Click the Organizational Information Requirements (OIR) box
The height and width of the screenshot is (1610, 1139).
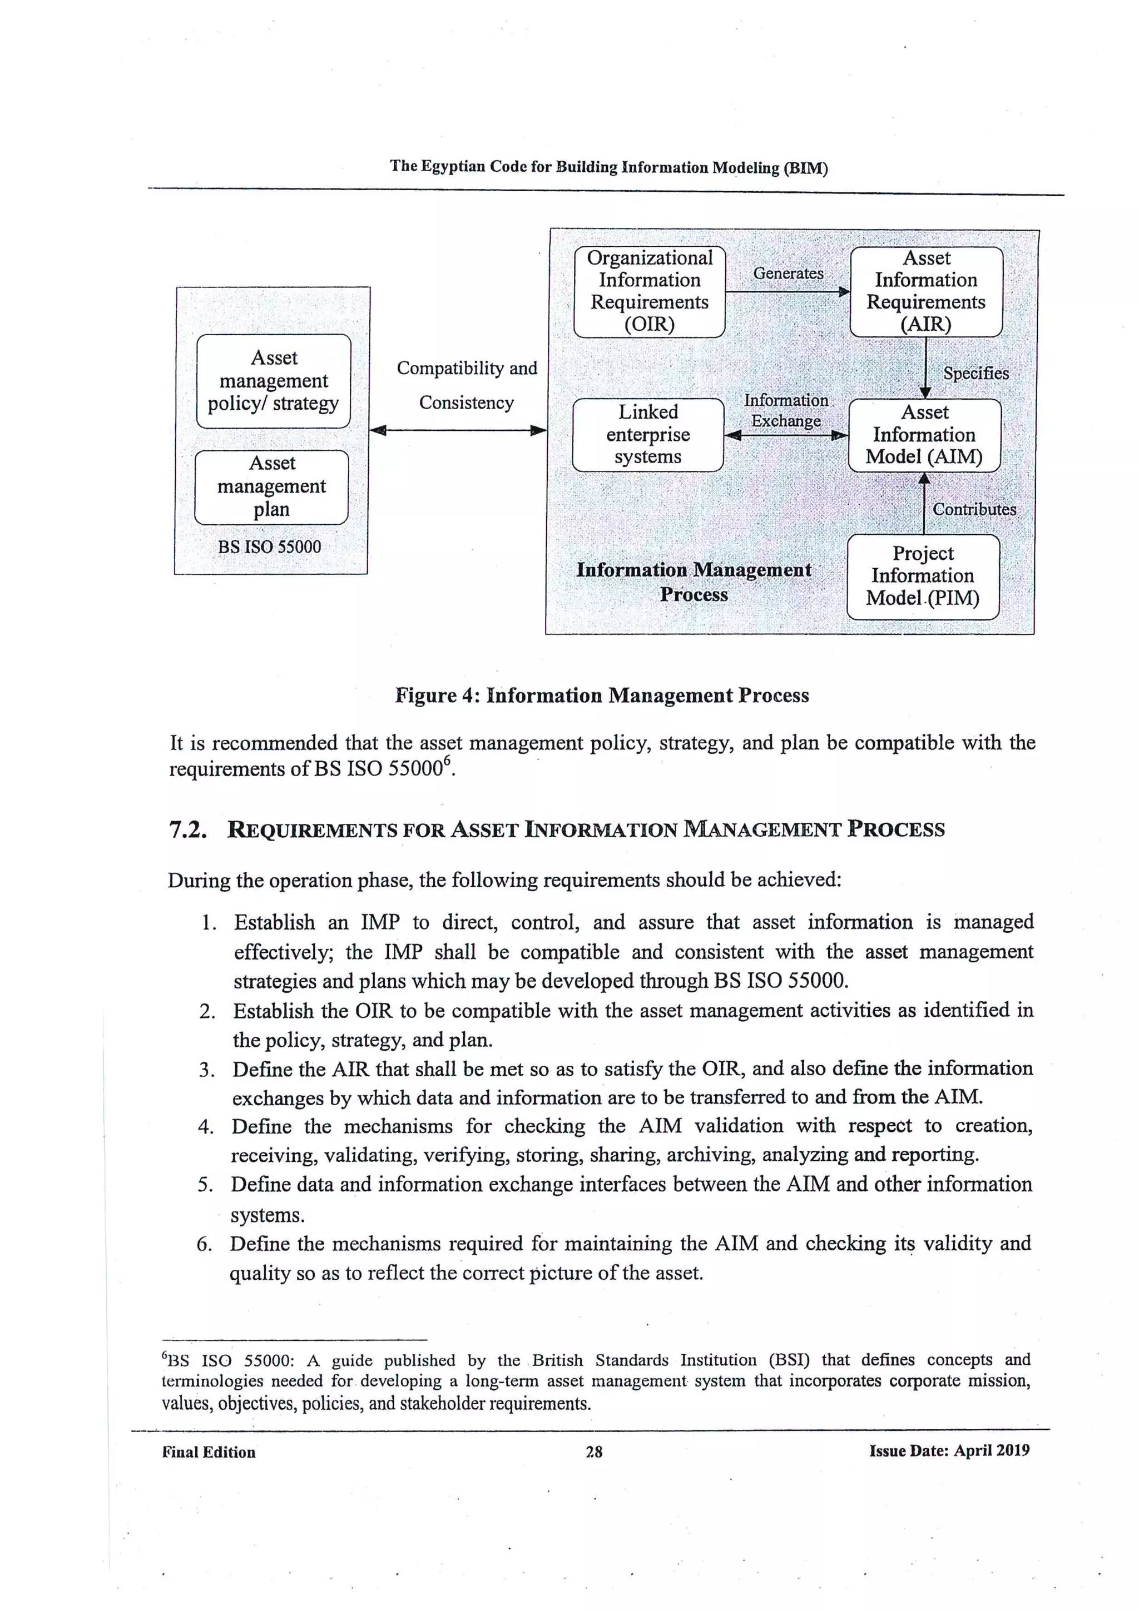[649, 292]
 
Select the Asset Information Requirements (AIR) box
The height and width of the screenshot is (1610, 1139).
[926, 292]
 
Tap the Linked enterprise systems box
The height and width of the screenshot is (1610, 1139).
[647, 435]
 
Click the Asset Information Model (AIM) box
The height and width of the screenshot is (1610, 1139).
[924, 435]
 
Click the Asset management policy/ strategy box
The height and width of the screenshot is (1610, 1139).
[274, 381]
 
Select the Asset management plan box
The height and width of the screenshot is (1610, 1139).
[271, 486]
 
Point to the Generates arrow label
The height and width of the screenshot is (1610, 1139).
[788, 274]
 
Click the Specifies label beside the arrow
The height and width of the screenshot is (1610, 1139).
[975, 374]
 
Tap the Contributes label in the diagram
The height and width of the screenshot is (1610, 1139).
[973, 510]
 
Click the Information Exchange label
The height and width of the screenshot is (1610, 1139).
[786, 411]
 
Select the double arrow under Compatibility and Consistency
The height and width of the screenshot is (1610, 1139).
[458, 430]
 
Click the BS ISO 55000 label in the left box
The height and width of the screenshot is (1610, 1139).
[269, 547]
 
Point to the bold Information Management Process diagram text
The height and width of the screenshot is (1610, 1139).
[694, 582]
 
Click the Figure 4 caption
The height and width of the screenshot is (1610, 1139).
[602, 695]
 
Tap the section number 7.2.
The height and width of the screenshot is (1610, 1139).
[188, 829]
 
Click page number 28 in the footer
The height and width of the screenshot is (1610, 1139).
[593, 1452]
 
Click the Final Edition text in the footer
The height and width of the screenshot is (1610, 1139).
[209, 1452]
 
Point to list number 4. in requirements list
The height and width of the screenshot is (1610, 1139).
[205, 1127]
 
